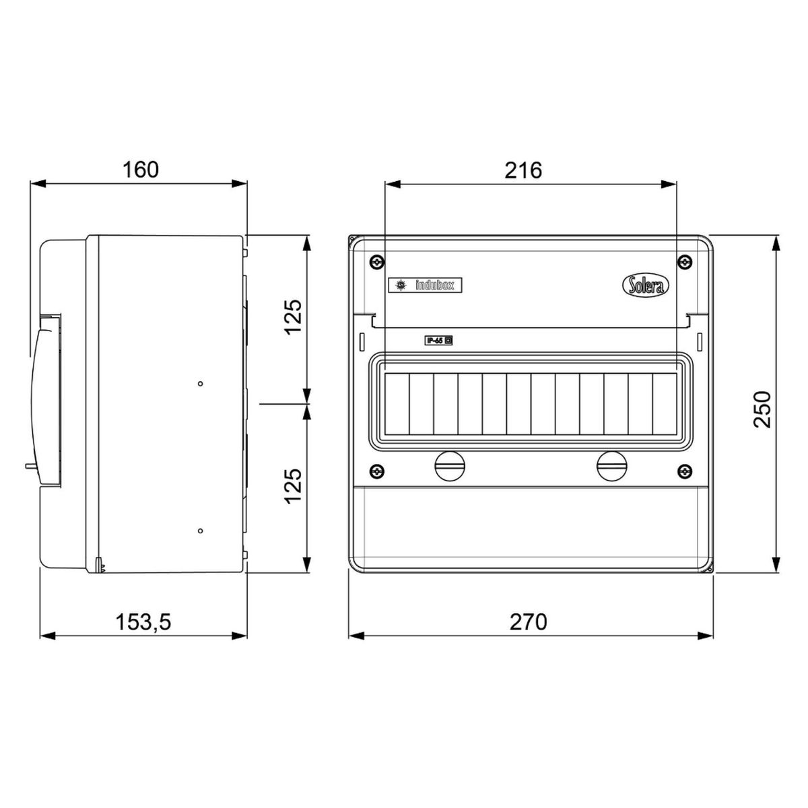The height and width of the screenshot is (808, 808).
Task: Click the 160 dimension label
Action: click(x=141, y=170)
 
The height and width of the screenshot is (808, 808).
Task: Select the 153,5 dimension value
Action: click(x=143, y=622)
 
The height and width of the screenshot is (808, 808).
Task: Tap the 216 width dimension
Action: click(x=523, y=170)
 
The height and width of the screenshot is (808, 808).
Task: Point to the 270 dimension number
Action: click(x=529, y=622)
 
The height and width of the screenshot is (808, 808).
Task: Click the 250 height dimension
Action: click(x=762, y=409)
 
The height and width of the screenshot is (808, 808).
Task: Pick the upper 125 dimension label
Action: click(x=293, y=317)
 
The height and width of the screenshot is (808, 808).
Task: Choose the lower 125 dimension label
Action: click(x=293, y=485)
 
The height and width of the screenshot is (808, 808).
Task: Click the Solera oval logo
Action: click(x=645, y=286)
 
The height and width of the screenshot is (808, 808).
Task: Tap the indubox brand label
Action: click(x=425, y=285)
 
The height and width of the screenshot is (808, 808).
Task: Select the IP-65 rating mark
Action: click(x=438, y=341)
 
